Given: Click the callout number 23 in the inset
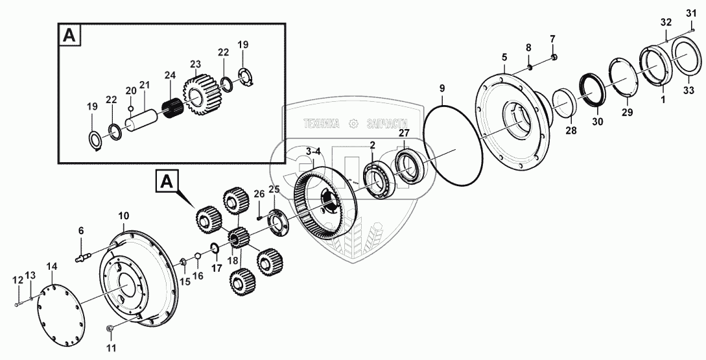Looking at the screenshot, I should [x=195, y=65].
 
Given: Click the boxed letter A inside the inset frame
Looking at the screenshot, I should [x=69, y=36].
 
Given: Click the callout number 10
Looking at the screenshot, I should [x=123, y=215].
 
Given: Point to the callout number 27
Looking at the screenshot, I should [x=404, y=134].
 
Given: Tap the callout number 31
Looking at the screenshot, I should [x=690, y=14].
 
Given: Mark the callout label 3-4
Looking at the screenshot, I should [x=313, y=152].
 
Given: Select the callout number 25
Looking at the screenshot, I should [x=274, y=189].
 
